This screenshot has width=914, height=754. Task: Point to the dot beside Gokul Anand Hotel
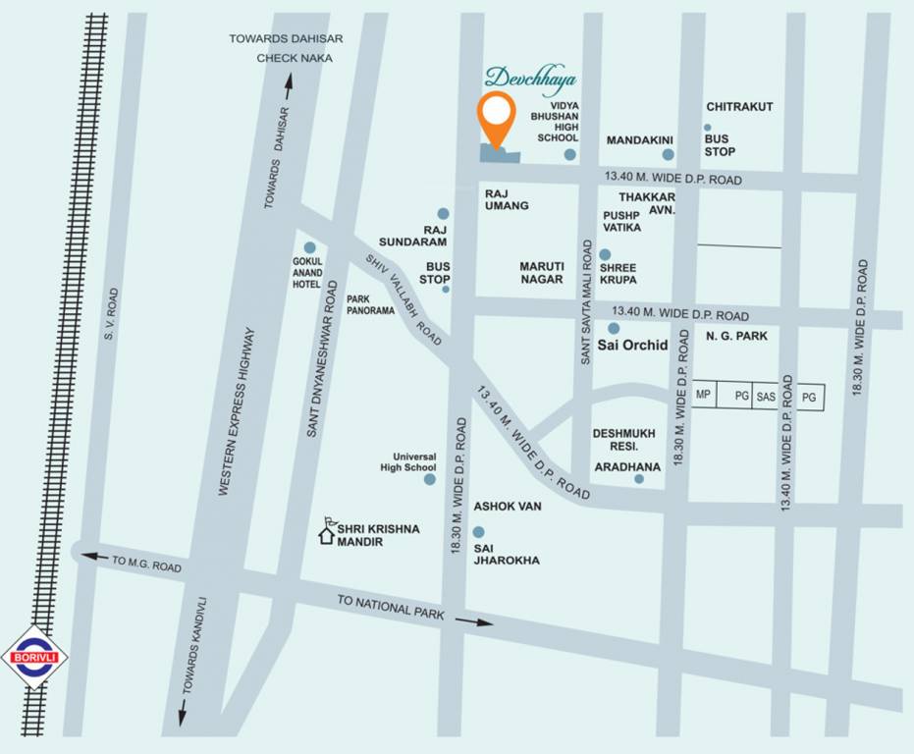coord(310,247)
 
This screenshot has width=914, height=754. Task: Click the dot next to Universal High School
coord(429,479)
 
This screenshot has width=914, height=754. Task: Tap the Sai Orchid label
coord(633,346)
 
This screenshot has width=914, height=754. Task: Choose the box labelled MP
coord(703,396)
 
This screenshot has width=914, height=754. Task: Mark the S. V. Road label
coord(111,315)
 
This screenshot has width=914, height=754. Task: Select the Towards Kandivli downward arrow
coord(182,712)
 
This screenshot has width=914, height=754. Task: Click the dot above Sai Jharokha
coord(479,532)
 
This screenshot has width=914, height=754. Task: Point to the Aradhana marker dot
coord(639,479)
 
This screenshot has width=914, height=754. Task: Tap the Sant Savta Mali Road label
coord(585,301)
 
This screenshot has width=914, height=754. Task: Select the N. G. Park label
coord(735,336)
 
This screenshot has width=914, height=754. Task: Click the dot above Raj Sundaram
coord(443,213)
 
